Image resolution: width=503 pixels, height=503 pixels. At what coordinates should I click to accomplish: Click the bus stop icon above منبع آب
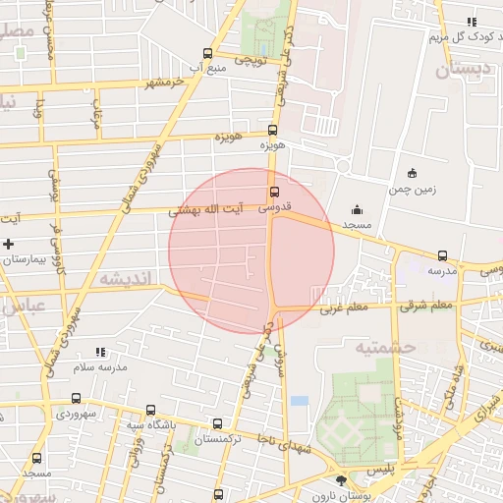pyautogui.click(x=207, y=54)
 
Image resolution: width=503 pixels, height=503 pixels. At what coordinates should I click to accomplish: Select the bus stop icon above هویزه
pyautogui.click(x=272, y=130)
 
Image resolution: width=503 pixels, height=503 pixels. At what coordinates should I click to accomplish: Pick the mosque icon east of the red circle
pyautogui.click(x=356, y=209)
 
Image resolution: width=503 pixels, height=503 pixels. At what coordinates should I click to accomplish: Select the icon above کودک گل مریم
pyautogui.click(x=472, y=22)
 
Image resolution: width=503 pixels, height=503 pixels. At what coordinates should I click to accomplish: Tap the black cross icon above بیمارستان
pyautogui.click(x=10, y=243)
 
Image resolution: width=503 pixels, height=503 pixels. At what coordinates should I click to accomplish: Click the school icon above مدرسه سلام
pyautogui.click(x=100, y=351)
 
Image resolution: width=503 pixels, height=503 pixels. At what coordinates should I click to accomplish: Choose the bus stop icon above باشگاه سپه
pyautogui.click(x=150, y=410)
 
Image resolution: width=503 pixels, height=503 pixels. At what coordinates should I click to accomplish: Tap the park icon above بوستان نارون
pyautogui.click(x=341, y=480)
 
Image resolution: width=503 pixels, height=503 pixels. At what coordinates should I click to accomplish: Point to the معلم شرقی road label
pyautogui.click(x=426, y=306)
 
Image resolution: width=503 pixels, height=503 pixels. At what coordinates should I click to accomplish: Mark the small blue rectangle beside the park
pyautogui.click(x=300, y=401)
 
